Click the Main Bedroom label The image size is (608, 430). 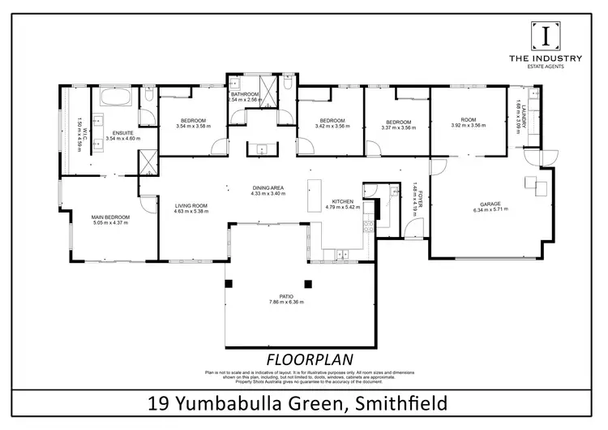tap(110, 217)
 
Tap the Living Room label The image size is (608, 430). tap(191, 205)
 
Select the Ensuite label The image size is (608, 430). tap(123, 131)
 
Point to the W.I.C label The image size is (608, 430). tap(79, 122)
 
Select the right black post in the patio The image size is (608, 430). tap(308, 283)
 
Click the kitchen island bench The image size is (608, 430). tap(314, 196)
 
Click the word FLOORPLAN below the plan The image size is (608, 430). tap(303, 359)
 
